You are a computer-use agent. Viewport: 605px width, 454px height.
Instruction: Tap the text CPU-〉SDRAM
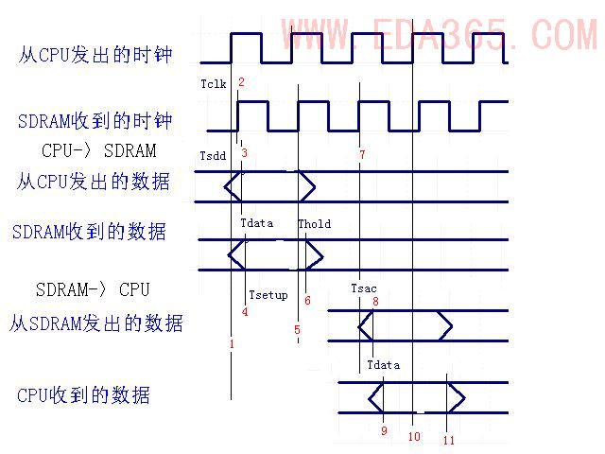(99, 150)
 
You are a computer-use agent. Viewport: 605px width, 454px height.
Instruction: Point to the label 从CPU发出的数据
(94, 181)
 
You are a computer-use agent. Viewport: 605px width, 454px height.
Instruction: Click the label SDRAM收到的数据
(89, 231)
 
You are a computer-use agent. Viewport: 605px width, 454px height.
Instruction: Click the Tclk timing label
(214, 84)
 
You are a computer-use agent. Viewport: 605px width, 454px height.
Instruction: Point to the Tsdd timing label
(213, 155)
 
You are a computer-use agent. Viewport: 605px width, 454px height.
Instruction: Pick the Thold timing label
(315, 224)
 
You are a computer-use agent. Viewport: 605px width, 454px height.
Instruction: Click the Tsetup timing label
(268, 295)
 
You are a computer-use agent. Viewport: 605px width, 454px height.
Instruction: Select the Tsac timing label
(364, 288)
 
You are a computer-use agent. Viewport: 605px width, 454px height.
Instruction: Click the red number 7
(362, 153)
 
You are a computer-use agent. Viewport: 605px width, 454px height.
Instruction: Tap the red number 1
(232, 344)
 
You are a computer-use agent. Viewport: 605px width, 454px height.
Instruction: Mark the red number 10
(413, 437)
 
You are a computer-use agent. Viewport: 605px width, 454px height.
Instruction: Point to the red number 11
(448, 440)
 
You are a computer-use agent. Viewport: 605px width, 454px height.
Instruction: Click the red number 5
(297, 330)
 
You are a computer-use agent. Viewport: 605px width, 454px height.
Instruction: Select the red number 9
(384, 431)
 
